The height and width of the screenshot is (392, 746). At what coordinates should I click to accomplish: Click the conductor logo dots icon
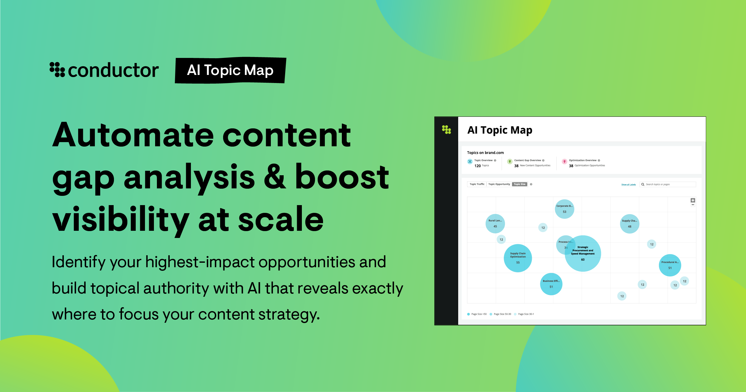[57, 70]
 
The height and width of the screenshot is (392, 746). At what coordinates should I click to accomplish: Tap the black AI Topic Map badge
[230, 70]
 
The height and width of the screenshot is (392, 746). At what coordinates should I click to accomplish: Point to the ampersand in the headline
[275, 177]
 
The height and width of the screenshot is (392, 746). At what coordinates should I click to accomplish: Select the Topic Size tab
[520, 184]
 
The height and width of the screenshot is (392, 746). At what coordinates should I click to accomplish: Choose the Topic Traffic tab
[477, 184]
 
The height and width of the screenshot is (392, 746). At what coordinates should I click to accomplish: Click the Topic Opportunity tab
[499, 184]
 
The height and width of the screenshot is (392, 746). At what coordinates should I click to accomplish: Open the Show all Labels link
[628, 185]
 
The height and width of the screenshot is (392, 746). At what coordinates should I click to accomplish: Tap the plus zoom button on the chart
[693, 200]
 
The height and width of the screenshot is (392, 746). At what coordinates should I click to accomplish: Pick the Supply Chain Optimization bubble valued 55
[518, 258]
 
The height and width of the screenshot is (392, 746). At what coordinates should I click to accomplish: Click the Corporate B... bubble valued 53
[564, 209]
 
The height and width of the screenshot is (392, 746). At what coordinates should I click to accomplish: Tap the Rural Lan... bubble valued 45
[495, 224]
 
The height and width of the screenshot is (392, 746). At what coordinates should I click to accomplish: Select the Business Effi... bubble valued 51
[551, 284]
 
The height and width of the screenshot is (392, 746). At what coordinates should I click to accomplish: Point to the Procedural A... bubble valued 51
[670, 265]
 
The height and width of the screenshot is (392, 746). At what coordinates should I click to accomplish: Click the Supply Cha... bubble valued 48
[629, 224]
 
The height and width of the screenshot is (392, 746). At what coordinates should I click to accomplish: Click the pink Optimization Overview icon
[564, 162]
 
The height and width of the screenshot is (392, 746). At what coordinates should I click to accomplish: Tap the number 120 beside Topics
[478, 166]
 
